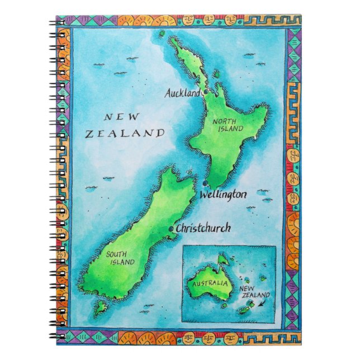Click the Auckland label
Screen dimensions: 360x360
pyautogui.click(x=182, y=94)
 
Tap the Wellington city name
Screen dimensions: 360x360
pyautogui.click(x=222, y=195)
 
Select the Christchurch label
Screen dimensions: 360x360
pyautogui.click(x=202, y=229)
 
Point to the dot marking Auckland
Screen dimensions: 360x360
pyautogui.click(x=205, y=92)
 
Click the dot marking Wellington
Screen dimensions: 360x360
pyautogui.click(x=206, y=184)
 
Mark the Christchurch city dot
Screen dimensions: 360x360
pyautogui.click(x=171, y=229)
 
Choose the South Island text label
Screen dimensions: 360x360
pyautogui.click(x=120, y=258)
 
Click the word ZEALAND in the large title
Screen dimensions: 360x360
pyautogui.click(x=125, y=134)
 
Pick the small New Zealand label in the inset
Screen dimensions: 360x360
pyautogui.click(x=254, y=292)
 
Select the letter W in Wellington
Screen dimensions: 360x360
pyautogui.click(x=203, y=195)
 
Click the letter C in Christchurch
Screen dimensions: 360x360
pyautogui.click(x=179, y=229)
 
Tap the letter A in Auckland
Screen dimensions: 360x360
pyautogui.click(x=167, y=94)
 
